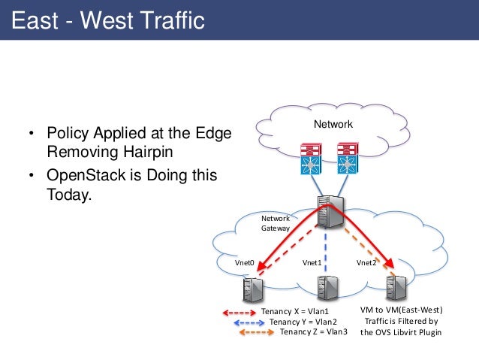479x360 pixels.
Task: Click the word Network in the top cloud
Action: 332,124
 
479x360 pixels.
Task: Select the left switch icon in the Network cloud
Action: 309,159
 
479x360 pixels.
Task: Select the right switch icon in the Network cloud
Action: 346,159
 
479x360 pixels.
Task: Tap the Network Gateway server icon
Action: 327,212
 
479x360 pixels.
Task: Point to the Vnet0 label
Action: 246,263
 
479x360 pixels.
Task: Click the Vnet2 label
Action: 366,263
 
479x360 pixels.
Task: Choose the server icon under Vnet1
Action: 327,289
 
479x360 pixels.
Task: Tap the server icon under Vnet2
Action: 395,289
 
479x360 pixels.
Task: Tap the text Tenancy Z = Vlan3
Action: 313,331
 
